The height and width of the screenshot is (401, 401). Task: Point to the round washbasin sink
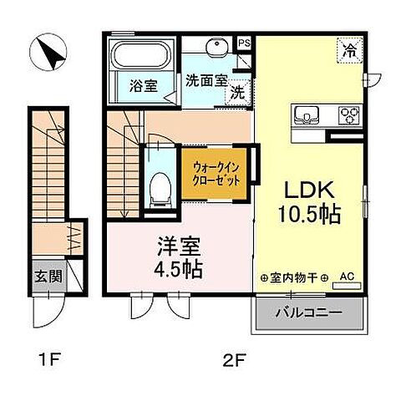[x=219, y=47]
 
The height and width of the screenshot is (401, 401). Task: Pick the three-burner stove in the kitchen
[x=348, y=114]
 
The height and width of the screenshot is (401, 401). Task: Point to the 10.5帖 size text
[x=309, y=214]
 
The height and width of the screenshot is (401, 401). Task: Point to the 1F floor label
[x=51, y=362]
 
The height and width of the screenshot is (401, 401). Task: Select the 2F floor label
[x=234, y=362]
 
